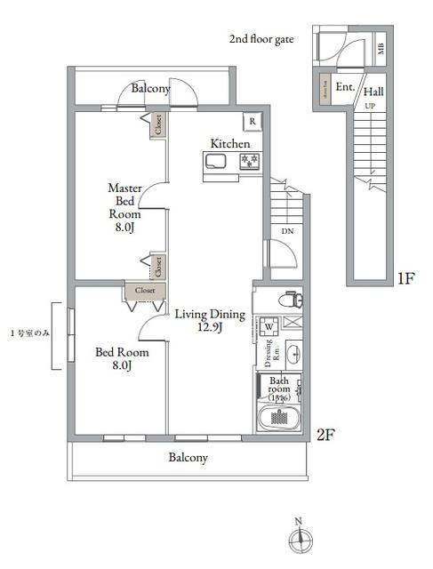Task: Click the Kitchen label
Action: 229,144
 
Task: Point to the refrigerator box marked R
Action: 253,122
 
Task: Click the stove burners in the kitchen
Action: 248,160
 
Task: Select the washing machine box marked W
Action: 269,326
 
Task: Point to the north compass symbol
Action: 300,538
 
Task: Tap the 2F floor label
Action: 325,435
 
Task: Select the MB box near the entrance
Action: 381,48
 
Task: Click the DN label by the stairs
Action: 286,232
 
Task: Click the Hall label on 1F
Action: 373,91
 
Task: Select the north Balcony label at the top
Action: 150,89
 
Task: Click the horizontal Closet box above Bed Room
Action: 145,290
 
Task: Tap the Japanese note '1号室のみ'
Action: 28,333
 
